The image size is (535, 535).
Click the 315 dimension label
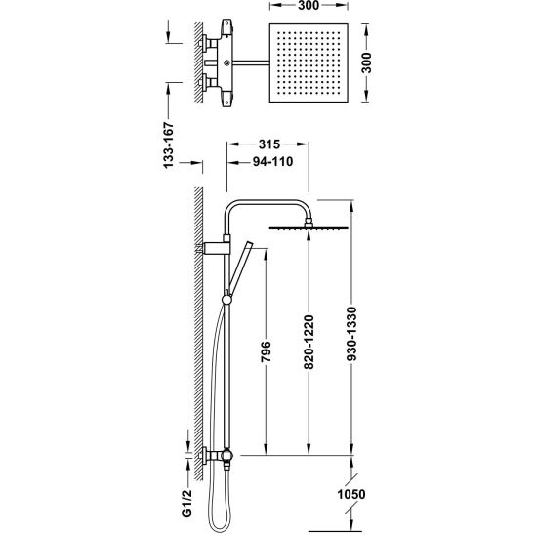(269, 144)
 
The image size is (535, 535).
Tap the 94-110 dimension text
(272, 161)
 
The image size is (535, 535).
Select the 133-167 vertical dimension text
(169, 145)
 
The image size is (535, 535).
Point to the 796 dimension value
(266, 351)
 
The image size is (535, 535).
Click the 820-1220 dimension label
(309, 343)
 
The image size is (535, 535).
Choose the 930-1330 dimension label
(351, 334)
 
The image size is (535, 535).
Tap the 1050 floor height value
(351, 494)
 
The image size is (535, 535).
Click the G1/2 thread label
(186, 503)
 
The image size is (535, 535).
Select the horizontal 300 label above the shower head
(309, 6)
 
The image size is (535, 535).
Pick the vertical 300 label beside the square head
(366, 62)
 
